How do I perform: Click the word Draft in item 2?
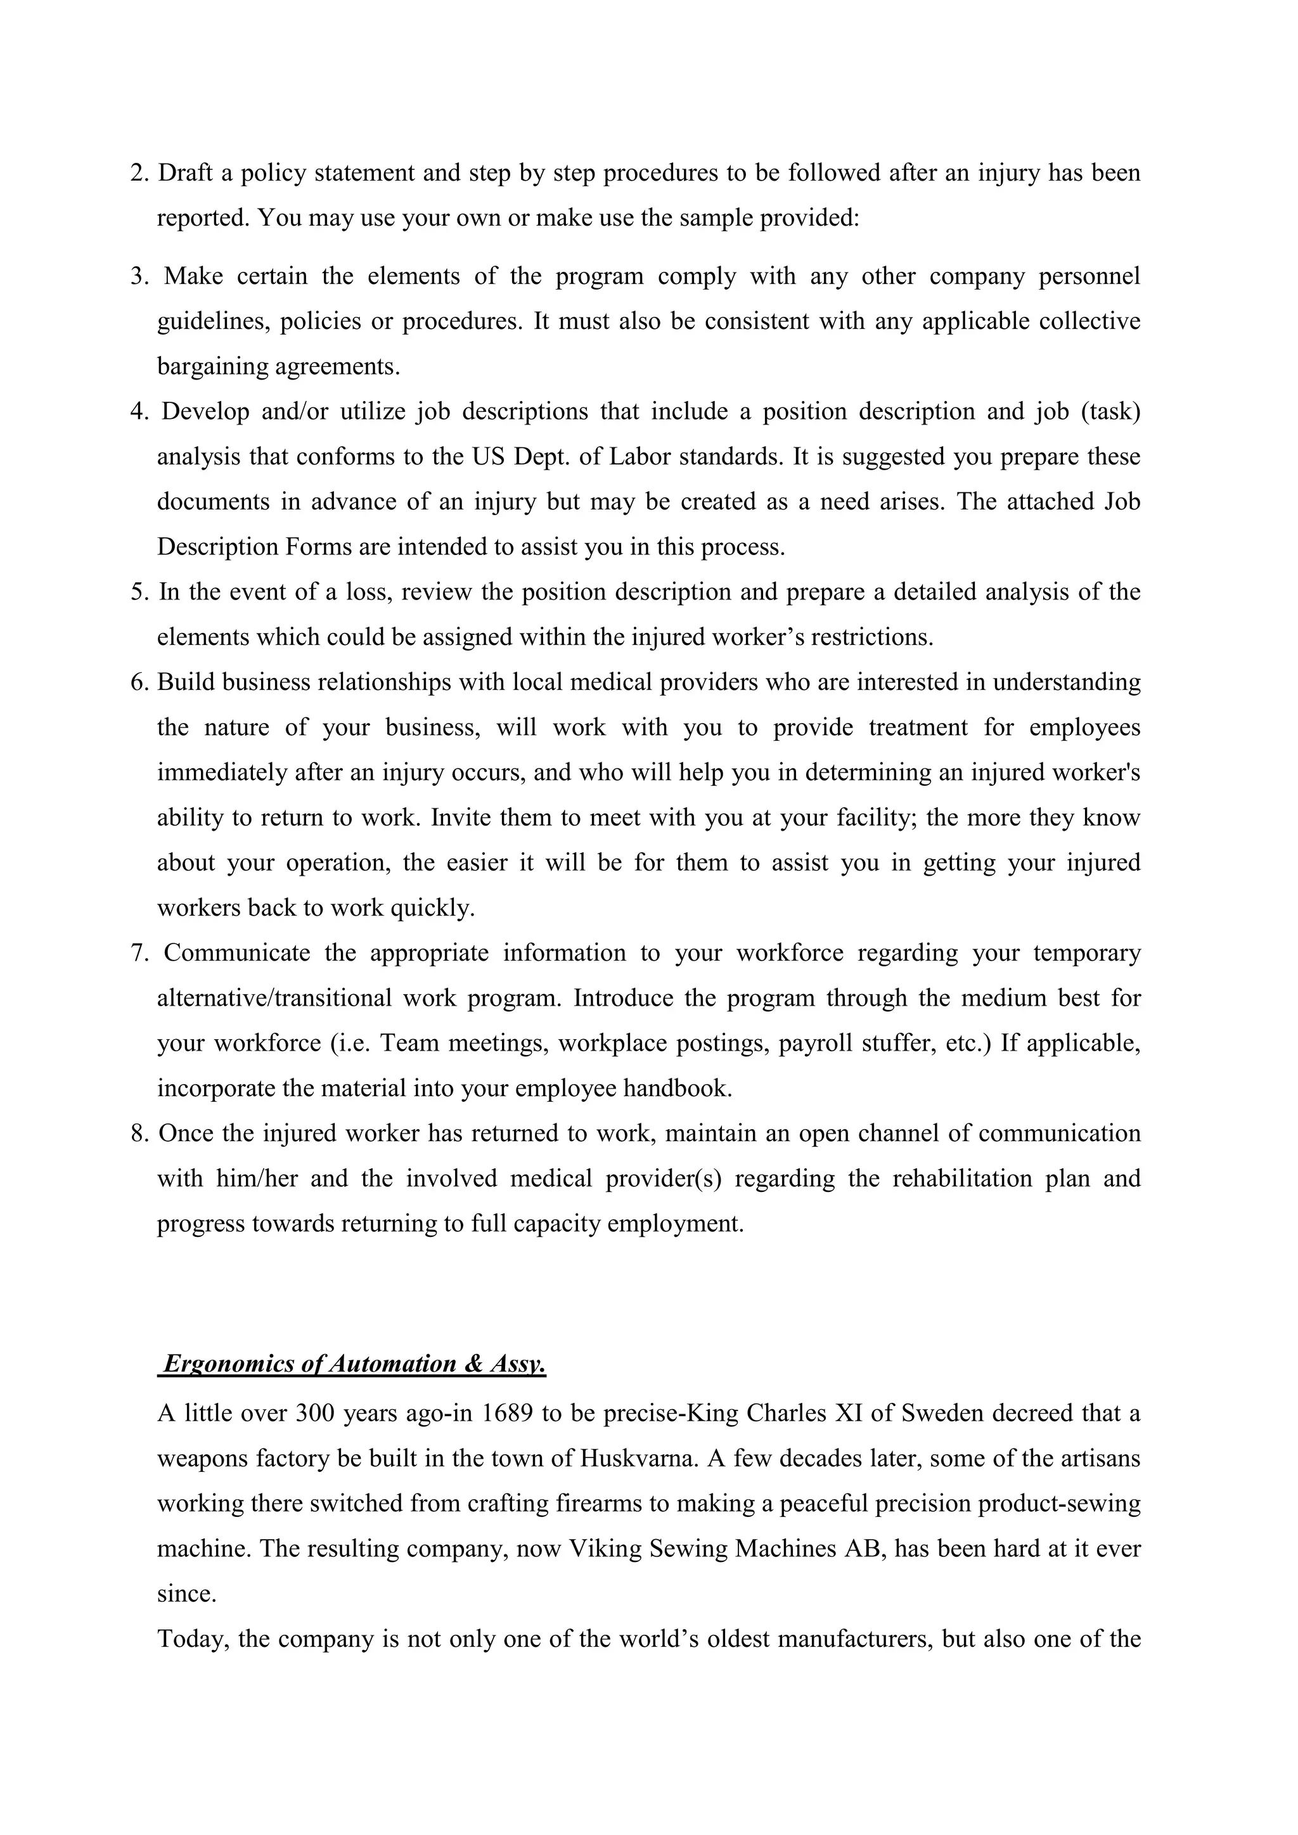(x=186, y=174)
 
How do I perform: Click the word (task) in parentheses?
(x=1110, y=412)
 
